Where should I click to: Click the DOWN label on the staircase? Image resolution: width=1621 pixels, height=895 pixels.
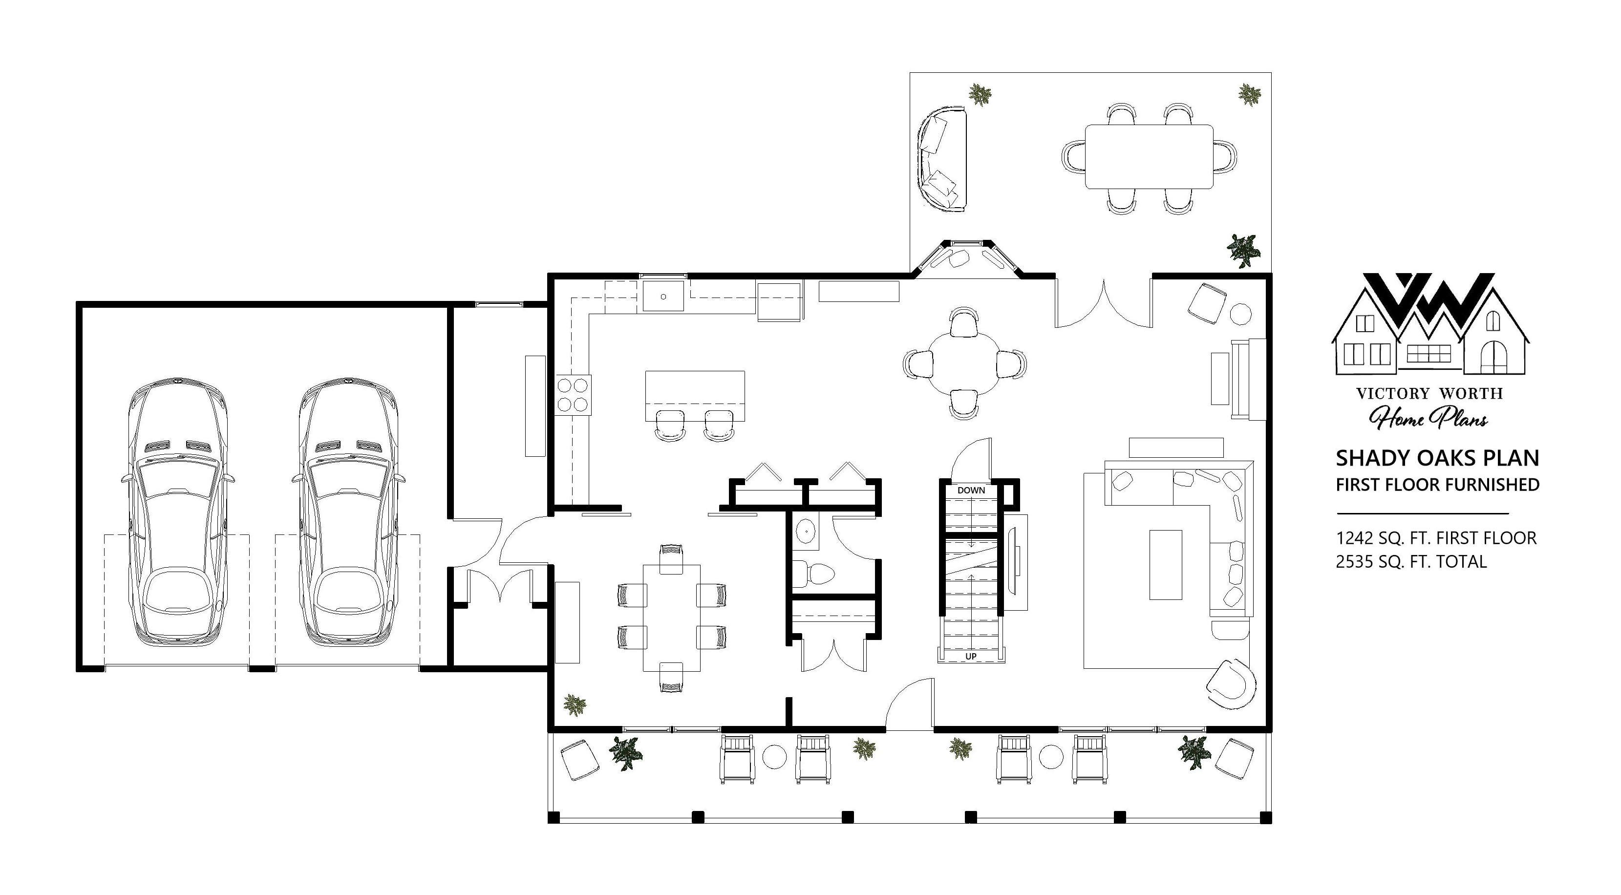click(971, 490)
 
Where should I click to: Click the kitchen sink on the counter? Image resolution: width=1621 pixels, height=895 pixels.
click(663, 297)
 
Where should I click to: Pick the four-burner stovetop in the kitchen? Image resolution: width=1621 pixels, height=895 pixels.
click(573, 394)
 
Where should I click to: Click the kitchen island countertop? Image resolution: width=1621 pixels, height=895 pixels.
click(695, 396)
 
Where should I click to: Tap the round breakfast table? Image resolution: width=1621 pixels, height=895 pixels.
click(964, 363)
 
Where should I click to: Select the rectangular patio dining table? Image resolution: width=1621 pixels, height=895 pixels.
click(1149, 157)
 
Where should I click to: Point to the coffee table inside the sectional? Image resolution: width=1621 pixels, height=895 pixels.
click(1165, 565)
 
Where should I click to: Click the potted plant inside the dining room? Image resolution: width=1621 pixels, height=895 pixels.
click(574, 704)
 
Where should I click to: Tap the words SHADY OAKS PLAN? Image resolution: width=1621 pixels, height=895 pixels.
click(1437, 458)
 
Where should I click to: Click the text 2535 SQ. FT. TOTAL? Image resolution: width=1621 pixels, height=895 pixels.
click(1411, 561)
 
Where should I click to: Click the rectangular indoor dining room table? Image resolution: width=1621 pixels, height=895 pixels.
click(671, 618)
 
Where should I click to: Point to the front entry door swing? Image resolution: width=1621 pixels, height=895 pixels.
click(909, 703)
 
